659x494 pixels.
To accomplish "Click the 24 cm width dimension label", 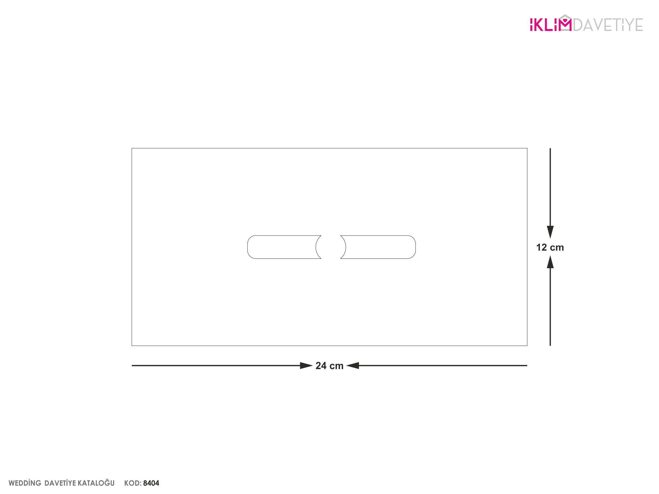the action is (329, 366).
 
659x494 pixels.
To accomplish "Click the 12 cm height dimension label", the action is (550, 248).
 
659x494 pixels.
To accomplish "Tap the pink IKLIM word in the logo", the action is (551, 24).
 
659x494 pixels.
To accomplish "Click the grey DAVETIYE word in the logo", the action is (608, 25).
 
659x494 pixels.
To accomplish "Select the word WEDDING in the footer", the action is (25, 483).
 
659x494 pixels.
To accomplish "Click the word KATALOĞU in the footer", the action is (96, 483).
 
